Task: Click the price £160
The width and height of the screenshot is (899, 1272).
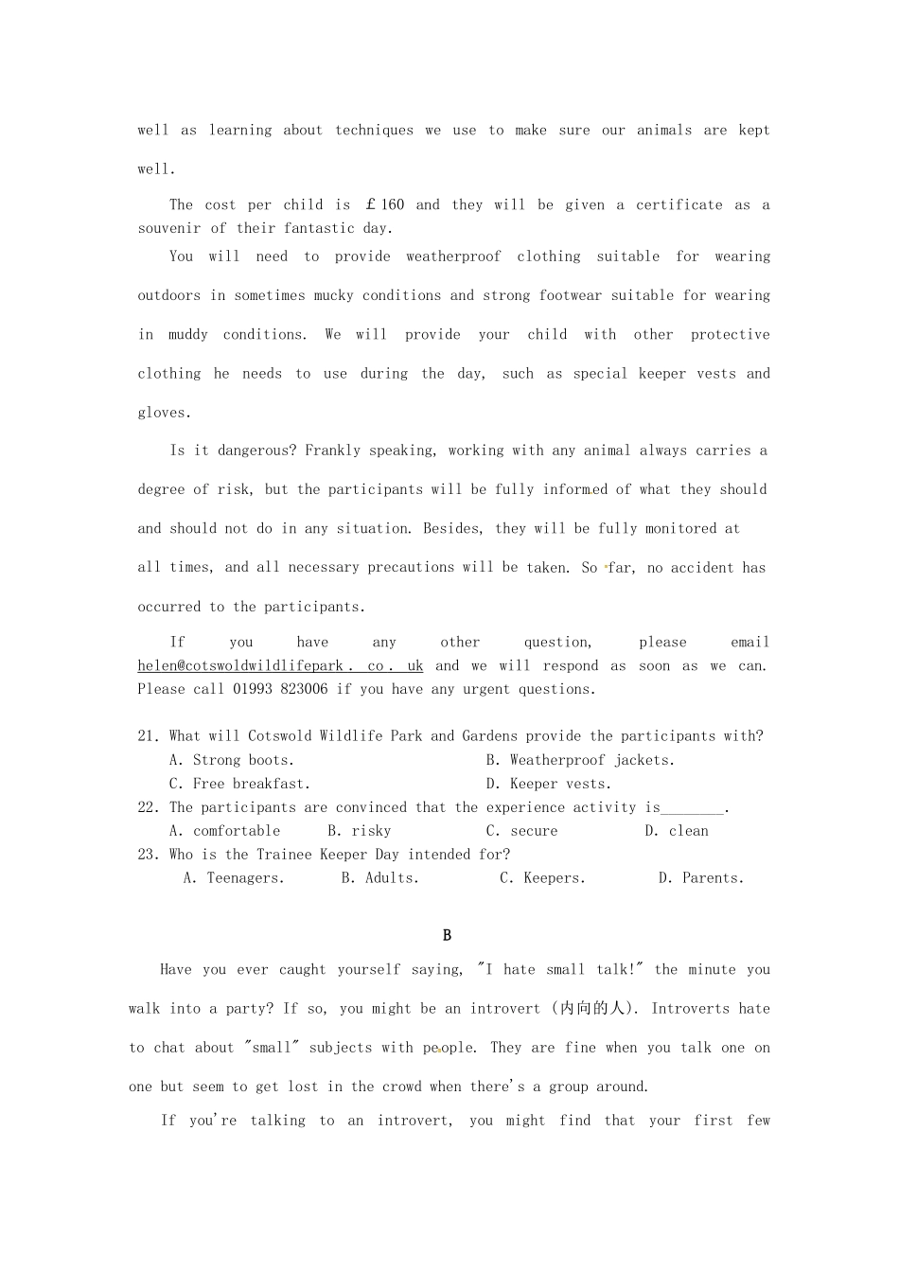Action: (x=384, y=204)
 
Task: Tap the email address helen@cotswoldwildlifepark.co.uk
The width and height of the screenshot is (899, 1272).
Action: (x=280, y=665)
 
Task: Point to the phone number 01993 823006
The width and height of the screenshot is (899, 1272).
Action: (x=280, y=689)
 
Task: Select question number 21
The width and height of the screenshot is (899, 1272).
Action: (x=149, y=736)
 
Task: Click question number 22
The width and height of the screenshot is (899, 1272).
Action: (x=149, y=807)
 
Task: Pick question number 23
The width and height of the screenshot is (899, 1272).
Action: (x=149, y=855)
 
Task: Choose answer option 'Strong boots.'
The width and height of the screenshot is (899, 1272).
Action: (x=232, y=760)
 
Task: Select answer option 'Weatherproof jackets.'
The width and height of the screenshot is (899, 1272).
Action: (x=580, y=760)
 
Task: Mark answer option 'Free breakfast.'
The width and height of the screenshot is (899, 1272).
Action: (x=239, y=784)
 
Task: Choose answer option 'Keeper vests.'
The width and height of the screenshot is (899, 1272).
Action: (x=549, y=784)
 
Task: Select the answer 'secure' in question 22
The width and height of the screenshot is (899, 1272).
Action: (x=522, y=831)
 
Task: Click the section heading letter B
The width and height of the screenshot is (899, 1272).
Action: (x=447, y=935)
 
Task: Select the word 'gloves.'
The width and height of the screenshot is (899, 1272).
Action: (x=165, y=413)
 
